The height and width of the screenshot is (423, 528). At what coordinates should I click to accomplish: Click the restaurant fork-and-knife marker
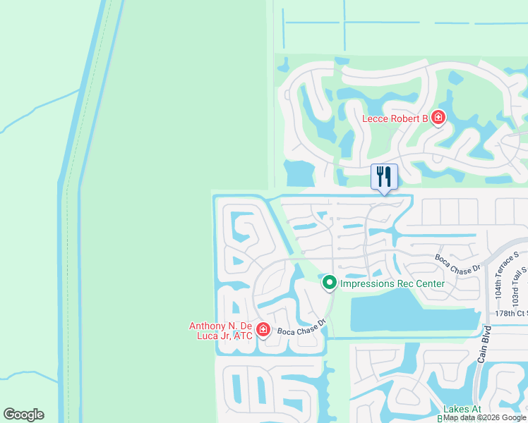click(384, 176)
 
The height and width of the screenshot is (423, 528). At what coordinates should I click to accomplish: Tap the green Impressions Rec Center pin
click(329, 283)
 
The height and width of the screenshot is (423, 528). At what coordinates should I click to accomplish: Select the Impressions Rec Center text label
click(392, 284)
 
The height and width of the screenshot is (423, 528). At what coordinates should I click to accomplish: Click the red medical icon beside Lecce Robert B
click(438, 118)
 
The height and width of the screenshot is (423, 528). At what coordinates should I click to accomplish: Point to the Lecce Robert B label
click(395, 118)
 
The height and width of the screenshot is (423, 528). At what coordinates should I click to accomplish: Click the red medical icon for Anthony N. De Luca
click(263, 329)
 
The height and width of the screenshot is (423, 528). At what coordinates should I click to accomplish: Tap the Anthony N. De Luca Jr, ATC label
click(221, 331)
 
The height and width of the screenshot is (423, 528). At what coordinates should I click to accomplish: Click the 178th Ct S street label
click(510, 313)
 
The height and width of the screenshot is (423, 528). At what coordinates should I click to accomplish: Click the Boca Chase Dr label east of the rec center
click(457, 262)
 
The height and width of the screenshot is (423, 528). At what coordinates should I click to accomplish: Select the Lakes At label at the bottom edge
click(462, 410)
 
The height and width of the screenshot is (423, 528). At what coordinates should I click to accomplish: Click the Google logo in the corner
click(23, 415)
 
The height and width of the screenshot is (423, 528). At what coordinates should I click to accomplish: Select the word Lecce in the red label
click(376, 118)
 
